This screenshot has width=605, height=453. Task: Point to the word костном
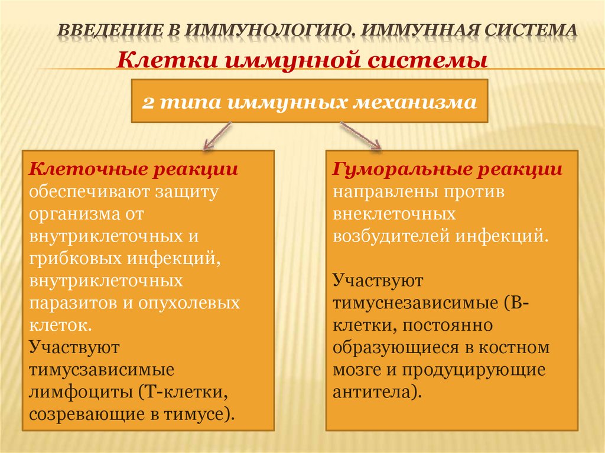click(x=520, y=347)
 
